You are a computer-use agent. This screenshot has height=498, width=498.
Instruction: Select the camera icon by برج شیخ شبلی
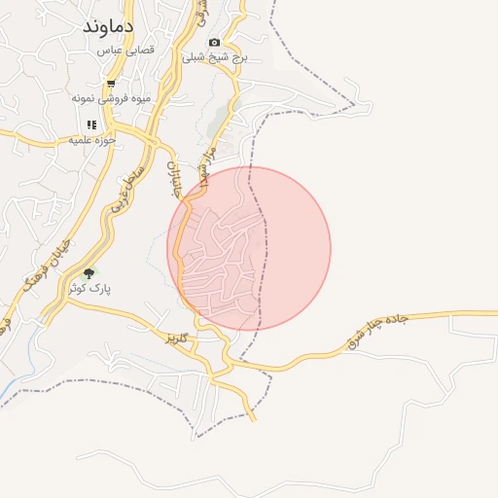click(x=214, y=43)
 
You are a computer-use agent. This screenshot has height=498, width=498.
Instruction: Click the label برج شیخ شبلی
click(x=221, y=57)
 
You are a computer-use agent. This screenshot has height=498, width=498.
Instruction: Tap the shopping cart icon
click(x=111, y=84)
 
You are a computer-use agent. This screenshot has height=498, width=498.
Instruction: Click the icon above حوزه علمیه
click(x=91, y=124)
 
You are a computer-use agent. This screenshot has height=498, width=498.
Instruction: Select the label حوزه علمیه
click(x=92, y=140)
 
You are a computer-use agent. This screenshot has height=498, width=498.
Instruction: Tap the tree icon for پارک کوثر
click(x=89, y=274)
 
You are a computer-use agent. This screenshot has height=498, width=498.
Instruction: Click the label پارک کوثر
click(x=90, y=289)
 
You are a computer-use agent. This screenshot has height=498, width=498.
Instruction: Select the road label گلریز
click(x=176, y=338)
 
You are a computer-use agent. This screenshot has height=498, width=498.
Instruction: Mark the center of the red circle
click(x=249, y=248)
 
